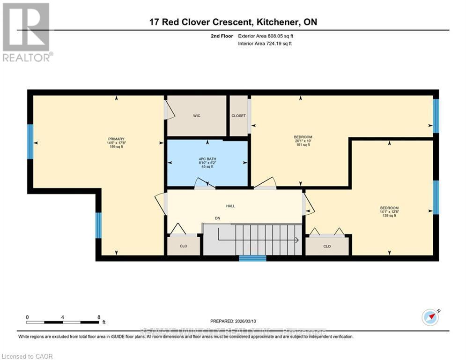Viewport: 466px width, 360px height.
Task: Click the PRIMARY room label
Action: [x=116, y=139]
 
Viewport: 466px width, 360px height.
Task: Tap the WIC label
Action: [x=197, y=116]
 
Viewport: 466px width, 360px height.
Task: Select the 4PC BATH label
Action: [x=207, y=158]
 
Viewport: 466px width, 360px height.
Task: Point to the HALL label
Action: [x=230, y=206]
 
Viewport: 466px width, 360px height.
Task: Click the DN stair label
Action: [x=217, y=218]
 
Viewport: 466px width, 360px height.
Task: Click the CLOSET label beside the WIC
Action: [x=238, y=116]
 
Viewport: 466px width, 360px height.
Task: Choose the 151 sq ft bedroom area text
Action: [x=302, y=145]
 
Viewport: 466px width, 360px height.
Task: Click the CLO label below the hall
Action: [x=184, y=246]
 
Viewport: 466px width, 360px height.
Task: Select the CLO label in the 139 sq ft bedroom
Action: [x=327, y=246]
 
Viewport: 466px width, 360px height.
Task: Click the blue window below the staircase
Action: [x=252, y=258]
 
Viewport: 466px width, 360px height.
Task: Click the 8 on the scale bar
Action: [x=99, y=317]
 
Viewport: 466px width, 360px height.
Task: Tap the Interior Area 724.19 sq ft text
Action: [x=266, y=44]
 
